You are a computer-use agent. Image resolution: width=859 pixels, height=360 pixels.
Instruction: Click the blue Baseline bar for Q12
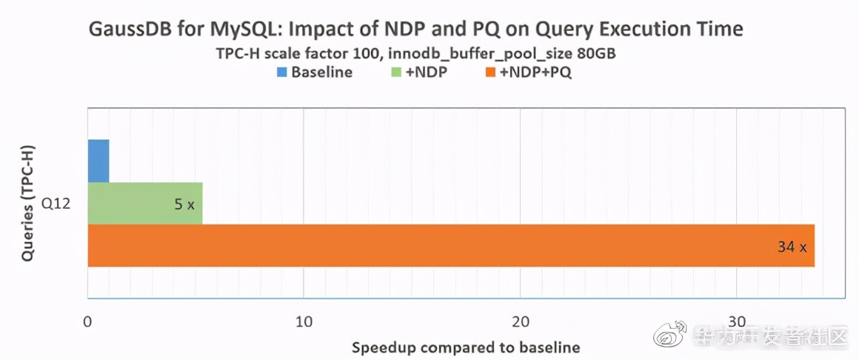point(98,161)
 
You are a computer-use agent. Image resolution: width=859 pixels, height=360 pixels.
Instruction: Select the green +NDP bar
point(144,203)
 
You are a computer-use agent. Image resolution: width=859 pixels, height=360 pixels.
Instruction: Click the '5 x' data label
point(184,204)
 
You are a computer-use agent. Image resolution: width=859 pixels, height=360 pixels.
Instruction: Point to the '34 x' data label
point(792,247)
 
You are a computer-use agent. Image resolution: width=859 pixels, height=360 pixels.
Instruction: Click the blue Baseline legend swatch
point(281,73)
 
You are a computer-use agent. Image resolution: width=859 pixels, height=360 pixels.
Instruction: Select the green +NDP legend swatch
point(395,73)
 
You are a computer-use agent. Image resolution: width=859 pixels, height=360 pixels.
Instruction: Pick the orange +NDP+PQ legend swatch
point(489,73)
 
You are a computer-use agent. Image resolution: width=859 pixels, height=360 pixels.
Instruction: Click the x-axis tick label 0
point(88,321)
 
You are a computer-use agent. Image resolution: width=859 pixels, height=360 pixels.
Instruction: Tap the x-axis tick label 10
point(304,321)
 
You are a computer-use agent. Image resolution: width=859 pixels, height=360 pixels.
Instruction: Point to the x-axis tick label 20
point(521,321)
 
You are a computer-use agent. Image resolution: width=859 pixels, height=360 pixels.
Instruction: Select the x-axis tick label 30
point(737,321)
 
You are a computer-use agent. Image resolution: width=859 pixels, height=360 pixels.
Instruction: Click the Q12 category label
point(56,203)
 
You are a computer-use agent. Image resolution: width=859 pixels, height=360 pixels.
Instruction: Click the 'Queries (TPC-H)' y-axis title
point(29,202)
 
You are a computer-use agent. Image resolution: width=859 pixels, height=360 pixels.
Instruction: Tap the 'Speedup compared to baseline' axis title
point(465,347)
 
